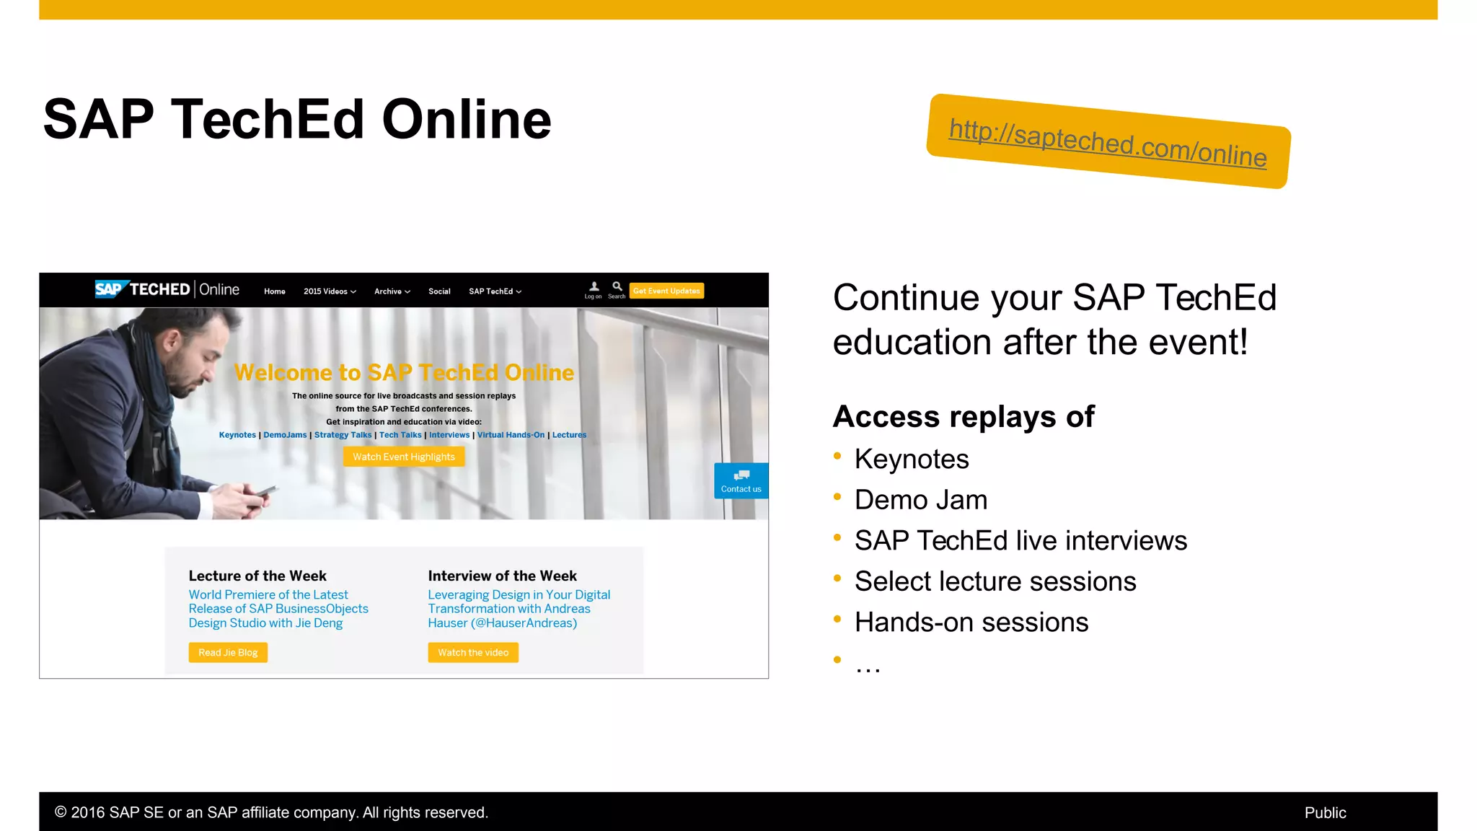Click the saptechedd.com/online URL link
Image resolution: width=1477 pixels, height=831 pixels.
tap(1108, 143)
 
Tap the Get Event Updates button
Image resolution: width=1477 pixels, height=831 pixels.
tap(666, 291)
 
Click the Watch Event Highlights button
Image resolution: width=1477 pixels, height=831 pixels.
tap(404, 457)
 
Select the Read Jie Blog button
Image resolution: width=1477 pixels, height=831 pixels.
tap(228, 652)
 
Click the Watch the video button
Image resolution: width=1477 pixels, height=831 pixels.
tap(473, 652)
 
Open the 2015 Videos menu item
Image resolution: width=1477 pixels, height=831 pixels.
tap(330, 291)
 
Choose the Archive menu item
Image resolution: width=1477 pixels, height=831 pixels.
tap(392, 291)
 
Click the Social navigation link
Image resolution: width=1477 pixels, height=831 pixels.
tap(439, 291)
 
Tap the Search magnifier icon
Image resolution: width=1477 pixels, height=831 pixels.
tap(617, 287)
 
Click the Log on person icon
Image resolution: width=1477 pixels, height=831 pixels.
tap(594, 287)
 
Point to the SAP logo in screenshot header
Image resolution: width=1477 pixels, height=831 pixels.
tap(110, 289)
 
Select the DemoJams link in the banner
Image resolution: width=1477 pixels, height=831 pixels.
tap(285, 435)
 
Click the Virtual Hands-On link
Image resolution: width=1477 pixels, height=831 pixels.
tap(511, 435)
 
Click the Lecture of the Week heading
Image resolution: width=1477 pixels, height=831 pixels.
tap(257, 576)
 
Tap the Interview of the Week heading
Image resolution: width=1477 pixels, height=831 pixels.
tap(502, 576)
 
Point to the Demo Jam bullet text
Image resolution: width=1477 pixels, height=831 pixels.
tap(920, 500)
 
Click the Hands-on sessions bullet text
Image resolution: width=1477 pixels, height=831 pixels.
tap(971, 622)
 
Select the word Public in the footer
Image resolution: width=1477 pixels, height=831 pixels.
tap(1325, 813)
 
